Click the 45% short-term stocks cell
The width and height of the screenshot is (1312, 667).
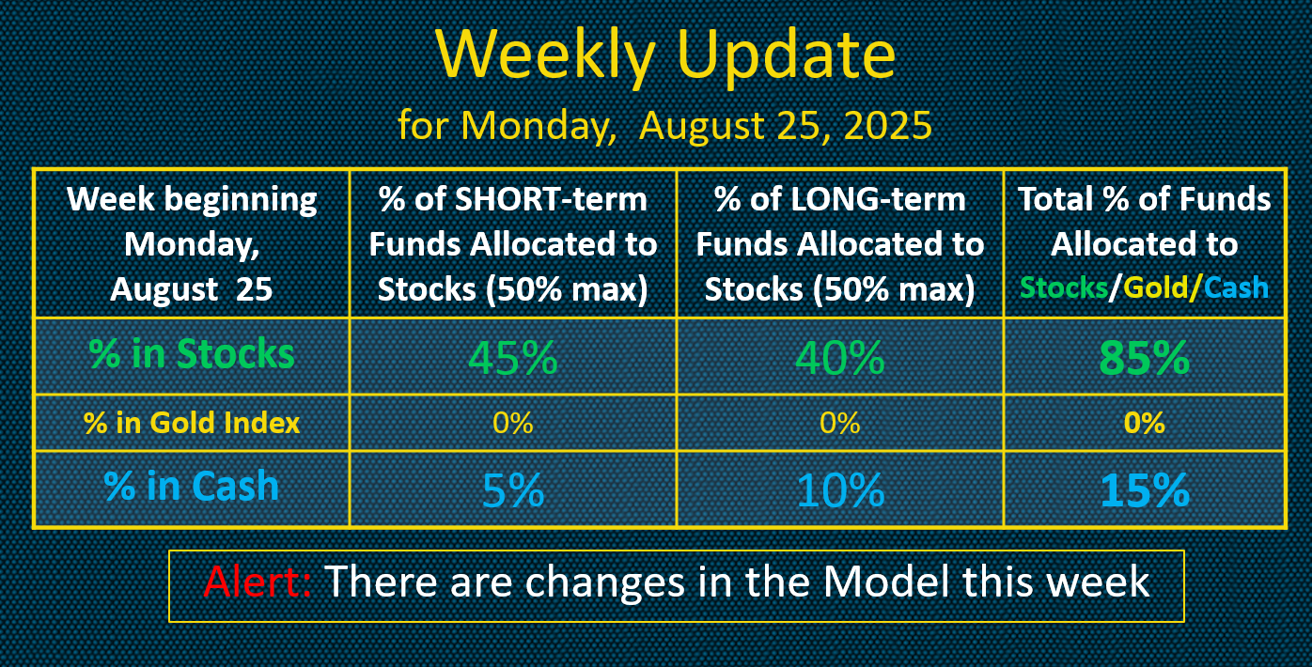[512, 357]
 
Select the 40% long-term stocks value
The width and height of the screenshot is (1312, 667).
[839, 357]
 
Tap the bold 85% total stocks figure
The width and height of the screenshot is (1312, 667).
[1145, 357]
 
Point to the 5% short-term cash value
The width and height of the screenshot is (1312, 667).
[513, 489]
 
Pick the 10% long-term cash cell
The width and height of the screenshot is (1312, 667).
[840, 489]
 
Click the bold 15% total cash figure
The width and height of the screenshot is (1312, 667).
[1145, 489]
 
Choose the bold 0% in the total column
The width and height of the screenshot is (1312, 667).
[1145, 422]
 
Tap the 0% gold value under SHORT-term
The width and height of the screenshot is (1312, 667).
[512, 422]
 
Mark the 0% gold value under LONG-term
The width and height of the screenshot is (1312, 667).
[840, 422]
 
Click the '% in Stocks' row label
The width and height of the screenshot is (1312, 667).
[192, 354]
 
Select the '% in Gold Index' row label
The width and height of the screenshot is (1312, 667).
[192, 422]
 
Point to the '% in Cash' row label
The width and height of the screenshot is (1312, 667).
[192, 486]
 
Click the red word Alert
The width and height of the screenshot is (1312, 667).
[258, 581]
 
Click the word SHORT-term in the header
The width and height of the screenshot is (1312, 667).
[551, 199]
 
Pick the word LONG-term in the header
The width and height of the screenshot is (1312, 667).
[878, 199]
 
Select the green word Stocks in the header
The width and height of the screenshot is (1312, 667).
[1064, 287]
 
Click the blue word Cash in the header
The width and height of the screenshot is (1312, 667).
[1236, 287]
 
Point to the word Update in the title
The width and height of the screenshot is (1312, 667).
[786, 55]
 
